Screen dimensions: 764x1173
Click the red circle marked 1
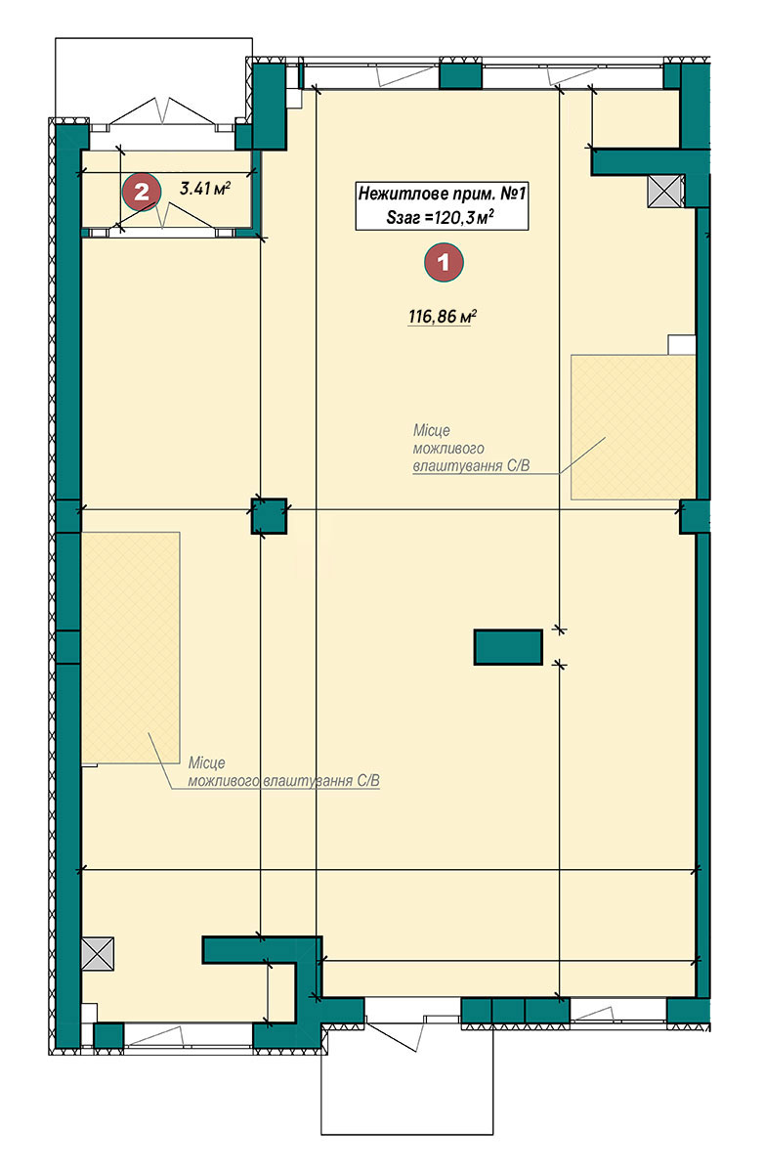click(444, 262)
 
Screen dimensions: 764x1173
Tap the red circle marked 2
click(142, 192)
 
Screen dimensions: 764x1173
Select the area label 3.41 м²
click(204, 188)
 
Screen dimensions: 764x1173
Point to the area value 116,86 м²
click(442, 316)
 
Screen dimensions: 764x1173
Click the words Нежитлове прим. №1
click(442, 194)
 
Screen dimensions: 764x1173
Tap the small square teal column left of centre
click(269, 516)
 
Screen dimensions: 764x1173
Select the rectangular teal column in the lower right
click(508, 647)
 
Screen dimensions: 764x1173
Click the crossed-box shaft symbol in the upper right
click(665, 191)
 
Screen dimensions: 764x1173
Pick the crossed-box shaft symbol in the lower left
click(98, 954)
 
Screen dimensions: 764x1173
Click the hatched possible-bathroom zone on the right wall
click(633, 427)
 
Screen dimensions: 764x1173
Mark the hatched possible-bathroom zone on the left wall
click(130, 647)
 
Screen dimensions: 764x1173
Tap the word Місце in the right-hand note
click(431, 430)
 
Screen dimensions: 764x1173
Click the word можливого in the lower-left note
click(224, 781)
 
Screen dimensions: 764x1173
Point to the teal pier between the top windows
click(460, 74)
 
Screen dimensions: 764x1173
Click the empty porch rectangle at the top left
click(153, 78)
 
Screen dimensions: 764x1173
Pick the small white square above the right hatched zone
click(681, 345)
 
